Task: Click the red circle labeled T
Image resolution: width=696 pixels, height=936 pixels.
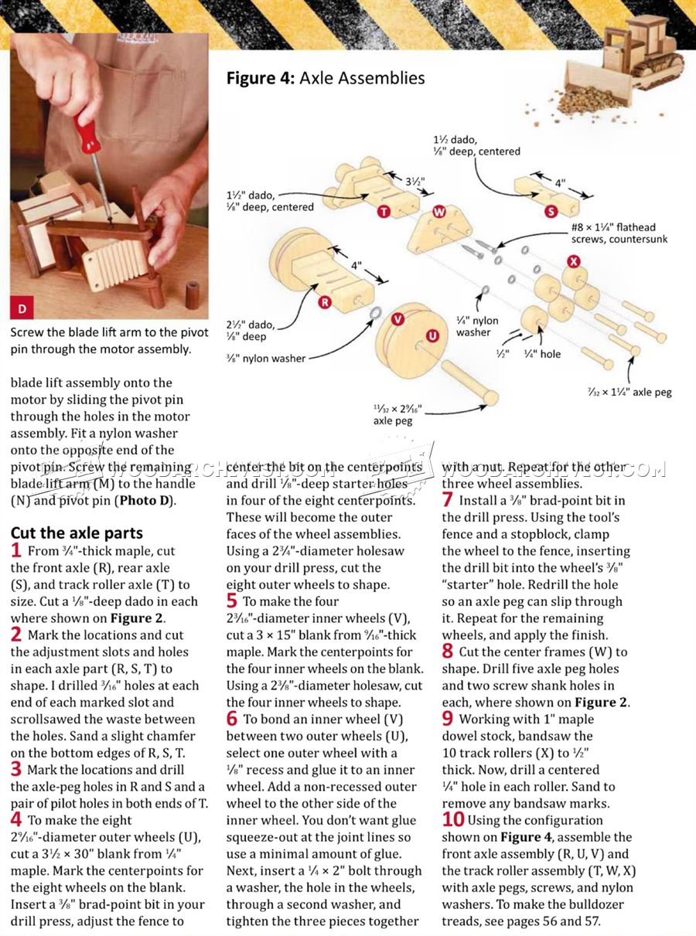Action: click(383, 212)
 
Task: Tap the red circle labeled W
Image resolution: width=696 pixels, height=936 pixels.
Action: click(438, 211)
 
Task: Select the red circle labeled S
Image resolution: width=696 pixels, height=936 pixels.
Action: click(551, 211)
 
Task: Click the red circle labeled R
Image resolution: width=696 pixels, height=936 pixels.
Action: click(325, 302)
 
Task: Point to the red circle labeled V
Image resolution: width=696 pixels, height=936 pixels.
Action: click(397, 318)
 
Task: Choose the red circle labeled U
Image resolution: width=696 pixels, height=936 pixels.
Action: click(432, 335)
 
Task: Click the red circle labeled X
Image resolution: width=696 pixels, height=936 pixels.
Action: click(573, 261)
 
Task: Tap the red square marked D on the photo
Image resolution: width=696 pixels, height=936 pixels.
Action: click(22, 308)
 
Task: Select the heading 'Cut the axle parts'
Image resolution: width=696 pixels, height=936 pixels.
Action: click(76, 533)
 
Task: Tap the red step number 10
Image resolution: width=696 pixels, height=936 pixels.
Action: click(453, 819)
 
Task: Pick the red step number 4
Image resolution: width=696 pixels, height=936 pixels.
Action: click(16, 820)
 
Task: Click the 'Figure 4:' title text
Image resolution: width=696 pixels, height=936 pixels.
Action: click(260, 78)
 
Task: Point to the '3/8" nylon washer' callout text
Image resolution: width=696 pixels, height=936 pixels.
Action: click(265, 358)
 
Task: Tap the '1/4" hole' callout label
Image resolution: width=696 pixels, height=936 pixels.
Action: click(541, 354)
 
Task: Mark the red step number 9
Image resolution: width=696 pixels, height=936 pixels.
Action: click(448, 719)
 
